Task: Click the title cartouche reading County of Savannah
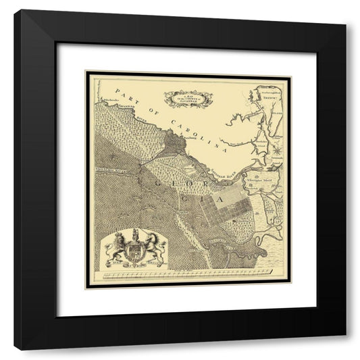[186, 99]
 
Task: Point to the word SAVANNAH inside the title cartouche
[186, 103]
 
